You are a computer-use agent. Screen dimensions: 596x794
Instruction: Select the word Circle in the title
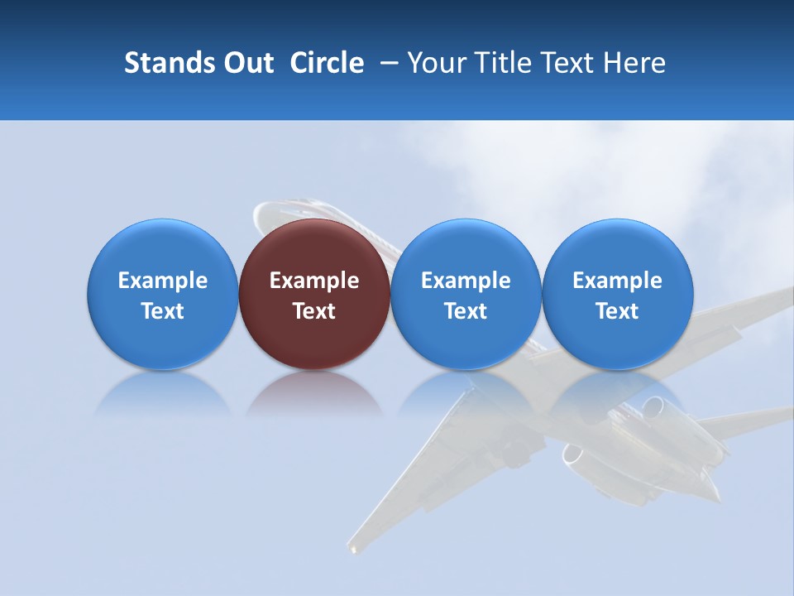tap(327, 64)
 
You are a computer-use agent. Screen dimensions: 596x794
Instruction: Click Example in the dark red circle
tap(314, 281)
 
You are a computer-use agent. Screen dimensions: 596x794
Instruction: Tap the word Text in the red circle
tap(314, 311)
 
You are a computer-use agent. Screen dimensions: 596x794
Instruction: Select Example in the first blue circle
tap(163, 281)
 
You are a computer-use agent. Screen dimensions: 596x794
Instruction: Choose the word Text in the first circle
tap(163, 311)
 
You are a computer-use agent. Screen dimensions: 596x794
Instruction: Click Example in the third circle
tap(466, 281)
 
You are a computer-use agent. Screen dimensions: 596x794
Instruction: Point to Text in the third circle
tap(466, 311)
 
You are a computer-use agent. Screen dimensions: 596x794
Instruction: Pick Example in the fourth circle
tap(617, 281)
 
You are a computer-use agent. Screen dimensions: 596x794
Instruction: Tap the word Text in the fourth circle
tap(617, 311)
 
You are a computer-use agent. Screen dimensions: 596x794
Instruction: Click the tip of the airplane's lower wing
tap(354, 546)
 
